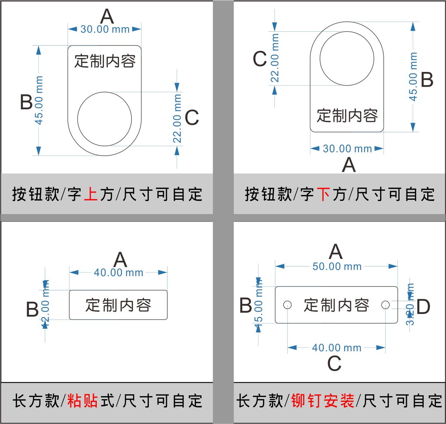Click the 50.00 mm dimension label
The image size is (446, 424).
(337, 266)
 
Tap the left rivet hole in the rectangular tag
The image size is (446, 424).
(287, 305)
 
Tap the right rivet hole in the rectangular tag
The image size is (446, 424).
(385, 305)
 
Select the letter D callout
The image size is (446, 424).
(423, 307)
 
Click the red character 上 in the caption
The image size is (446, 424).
(91, 194)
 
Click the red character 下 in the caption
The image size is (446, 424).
(324, 194)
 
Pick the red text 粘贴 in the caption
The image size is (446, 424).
(83, 401)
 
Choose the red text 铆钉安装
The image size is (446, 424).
(323, 401)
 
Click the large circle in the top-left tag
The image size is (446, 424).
(104, 119)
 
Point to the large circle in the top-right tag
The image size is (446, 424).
(347, 59)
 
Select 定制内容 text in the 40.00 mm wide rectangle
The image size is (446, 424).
(118, 305)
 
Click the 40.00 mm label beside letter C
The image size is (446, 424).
(336, 347)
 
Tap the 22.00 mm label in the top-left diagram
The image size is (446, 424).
(177, 119)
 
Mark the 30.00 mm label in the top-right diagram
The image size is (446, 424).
(347, 148)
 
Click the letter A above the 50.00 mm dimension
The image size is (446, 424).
(336, 252)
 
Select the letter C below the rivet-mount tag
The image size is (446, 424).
(334, 364)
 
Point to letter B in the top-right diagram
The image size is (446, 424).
(427, 80)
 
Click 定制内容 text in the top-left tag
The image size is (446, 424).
(105, 61)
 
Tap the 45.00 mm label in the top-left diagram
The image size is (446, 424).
(39, 100)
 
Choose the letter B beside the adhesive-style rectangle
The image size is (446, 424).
(32, 309)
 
